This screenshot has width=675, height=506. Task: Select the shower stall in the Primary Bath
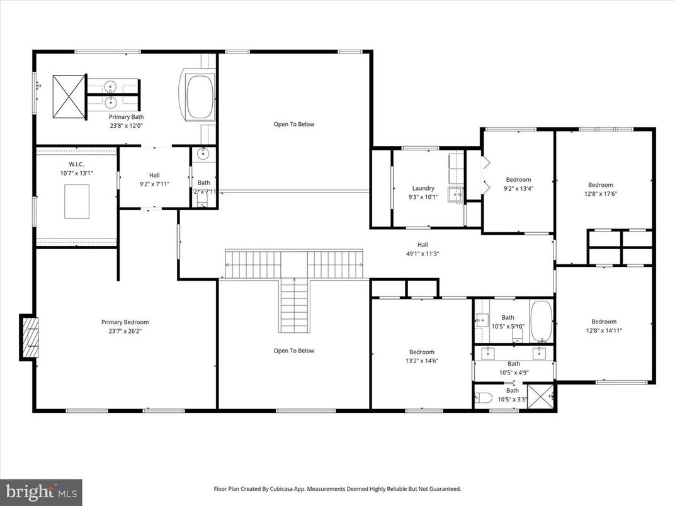coord(68,96)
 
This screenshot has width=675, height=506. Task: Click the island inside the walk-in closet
coord(77,201)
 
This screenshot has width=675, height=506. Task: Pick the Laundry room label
coord(423,188)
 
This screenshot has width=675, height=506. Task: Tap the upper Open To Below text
coord(293,124)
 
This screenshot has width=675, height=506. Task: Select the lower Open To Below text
coord(293,351)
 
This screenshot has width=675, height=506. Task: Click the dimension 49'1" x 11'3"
coord(423,254)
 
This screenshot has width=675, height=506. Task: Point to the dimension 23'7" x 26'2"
coord(125,331)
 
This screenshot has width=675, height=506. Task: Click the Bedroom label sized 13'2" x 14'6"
coord(421,352)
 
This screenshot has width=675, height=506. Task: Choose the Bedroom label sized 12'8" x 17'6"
coord(600,185)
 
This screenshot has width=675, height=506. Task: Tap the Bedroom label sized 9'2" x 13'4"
coord(518,179)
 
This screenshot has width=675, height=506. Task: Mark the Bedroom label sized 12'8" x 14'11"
coord(603,322)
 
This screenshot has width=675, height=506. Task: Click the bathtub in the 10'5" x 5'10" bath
coord(541,322)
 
